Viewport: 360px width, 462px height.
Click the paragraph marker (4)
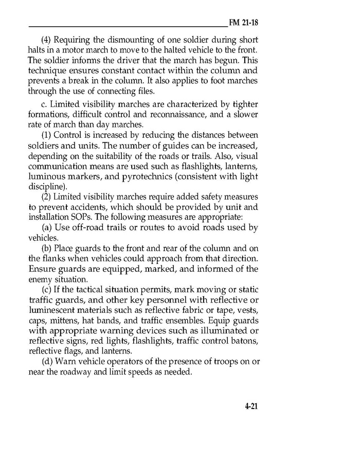pos(46,40)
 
